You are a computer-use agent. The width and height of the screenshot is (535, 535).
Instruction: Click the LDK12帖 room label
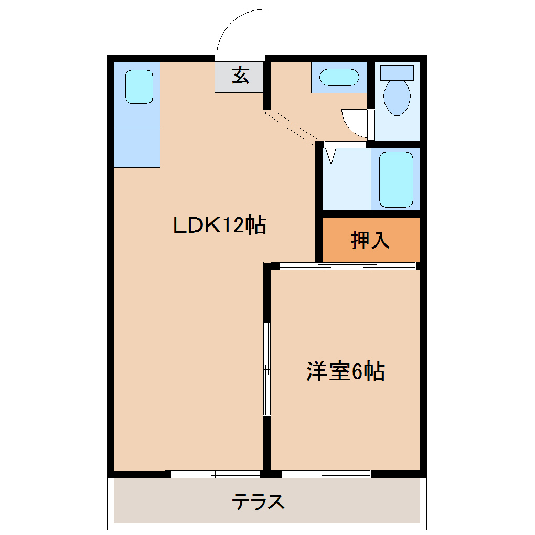point(220,226)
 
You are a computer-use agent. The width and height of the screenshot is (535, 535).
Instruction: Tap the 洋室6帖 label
point(346,372)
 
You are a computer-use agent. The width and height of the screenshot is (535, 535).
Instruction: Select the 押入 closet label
point(370,240)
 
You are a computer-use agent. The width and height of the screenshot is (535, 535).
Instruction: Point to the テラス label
point(259,502)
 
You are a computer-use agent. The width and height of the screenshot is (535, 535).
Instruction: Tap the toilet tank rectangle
point(397,72)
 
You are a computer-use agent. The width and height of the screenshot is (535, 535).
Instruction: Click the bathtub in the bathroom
point(396,179)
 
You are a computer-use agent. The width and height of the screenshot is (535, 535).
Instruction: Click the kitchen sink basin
point(139,87)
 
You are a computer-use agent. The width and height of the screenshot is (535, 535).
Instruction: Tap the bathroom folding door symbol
point(330,155)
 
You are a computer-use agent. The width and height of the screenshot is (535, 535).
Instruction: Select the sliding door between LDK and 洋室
point(267,369)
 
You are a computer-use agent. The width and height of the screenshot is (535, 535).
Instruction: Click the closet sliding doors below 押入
point(347,266)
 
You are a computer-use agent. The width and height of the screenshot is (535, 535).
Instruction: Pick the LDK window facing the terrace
point(216,474)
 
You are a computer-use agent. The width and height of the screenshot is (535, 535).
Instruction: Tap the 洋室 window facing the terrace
point(326,474)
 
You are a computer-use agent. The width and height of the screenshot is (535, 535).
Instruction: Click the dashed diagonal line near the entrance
point(292,126)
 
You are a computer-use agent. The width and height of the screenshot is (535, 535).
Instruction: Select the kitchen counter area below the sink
point(137,148)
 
